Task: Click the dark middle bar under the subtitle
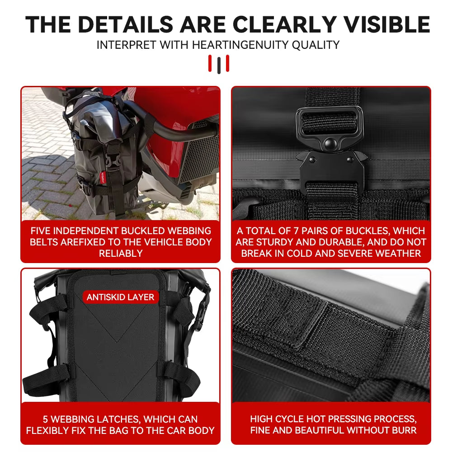219,65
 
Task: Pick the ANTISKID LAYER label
120,297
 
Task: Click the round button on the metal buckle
330,144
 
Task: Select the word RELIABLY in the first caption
121,253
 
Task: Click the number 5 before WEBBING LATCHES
46,419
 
